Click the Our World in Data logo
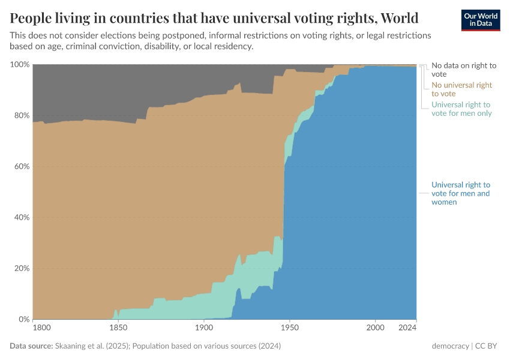(480, 20)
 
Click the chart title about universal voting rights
(214, 17)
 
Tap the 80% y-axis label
(21, 116)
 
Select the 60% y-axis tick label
(21, 167)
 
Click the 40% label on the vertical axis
(21, 218)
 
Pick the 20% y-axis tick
(21, 268)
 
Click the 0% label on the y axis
(23, 319)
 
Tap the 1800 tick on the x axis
(41, 328)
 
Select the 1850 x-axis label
(118, 328)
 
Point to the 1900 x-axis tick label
(204, 328)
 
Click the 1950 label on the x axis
(290, 328)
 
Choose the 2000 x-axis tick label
(376, 328)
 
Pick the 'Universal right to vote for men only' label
(461, 109)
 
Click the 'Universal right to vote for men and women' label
(461, 193)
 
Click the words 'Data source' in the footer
(31, 346)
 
